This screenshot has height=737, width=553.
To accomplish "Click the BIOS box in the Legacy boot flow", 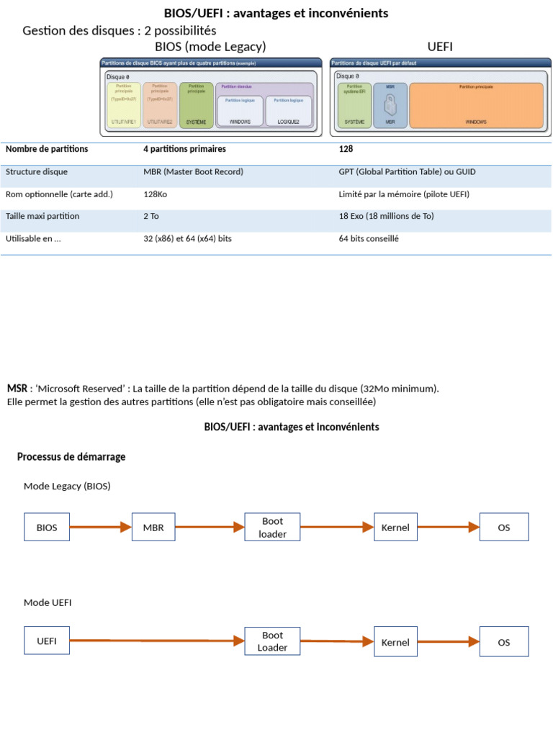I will tap(47, 528).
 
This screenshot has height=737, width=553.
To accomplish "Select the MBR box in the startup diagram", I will tap(153, 528).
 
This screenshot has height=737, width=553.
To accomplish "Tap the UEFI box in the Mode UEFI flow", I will tap(47, 641).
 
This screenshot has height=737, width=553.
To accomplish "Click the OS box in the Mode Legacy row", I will tap(504, 528).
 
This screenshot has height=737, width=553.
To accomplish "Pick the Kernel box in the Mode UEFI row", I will tap(395, 642).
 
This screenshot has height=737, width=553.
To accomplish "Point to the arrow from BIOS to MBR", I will tap(100, 528).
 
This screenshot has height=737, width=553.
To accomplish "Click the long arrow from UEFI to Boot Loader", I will tap(156, 641).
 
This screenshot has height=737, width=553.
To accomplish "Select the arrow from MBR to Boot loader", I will tap(209, 528).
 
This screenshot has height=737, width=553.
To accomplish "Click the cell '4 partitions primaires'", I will tap(184, 149).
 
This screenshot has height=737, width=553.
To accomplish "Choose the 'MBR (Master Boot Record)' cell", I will tap(193, 172).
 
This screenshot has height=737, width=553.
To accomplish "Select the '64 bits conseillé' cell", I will tap(368, 239).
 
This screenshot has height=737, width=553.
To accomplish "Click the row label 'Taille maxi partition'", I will tap(42, 217).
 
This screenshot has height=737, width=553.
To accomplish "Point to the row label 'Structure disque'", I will tap(37, 172).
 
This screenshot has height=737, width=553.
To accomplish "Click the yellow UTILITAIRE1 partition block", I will tap(124, 106).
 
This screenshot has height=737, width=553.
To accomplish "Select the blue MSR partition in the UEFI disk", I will tap(390, 106).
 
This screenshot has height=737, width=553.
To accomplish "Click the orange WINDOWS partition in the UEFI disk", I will tap(475, 106).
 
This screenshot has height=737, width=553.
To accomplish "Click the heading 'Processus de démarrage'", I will tap(71, 457).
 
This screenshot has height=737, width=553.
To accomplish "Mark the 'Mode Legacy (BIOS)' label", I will tap(67, 487).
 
